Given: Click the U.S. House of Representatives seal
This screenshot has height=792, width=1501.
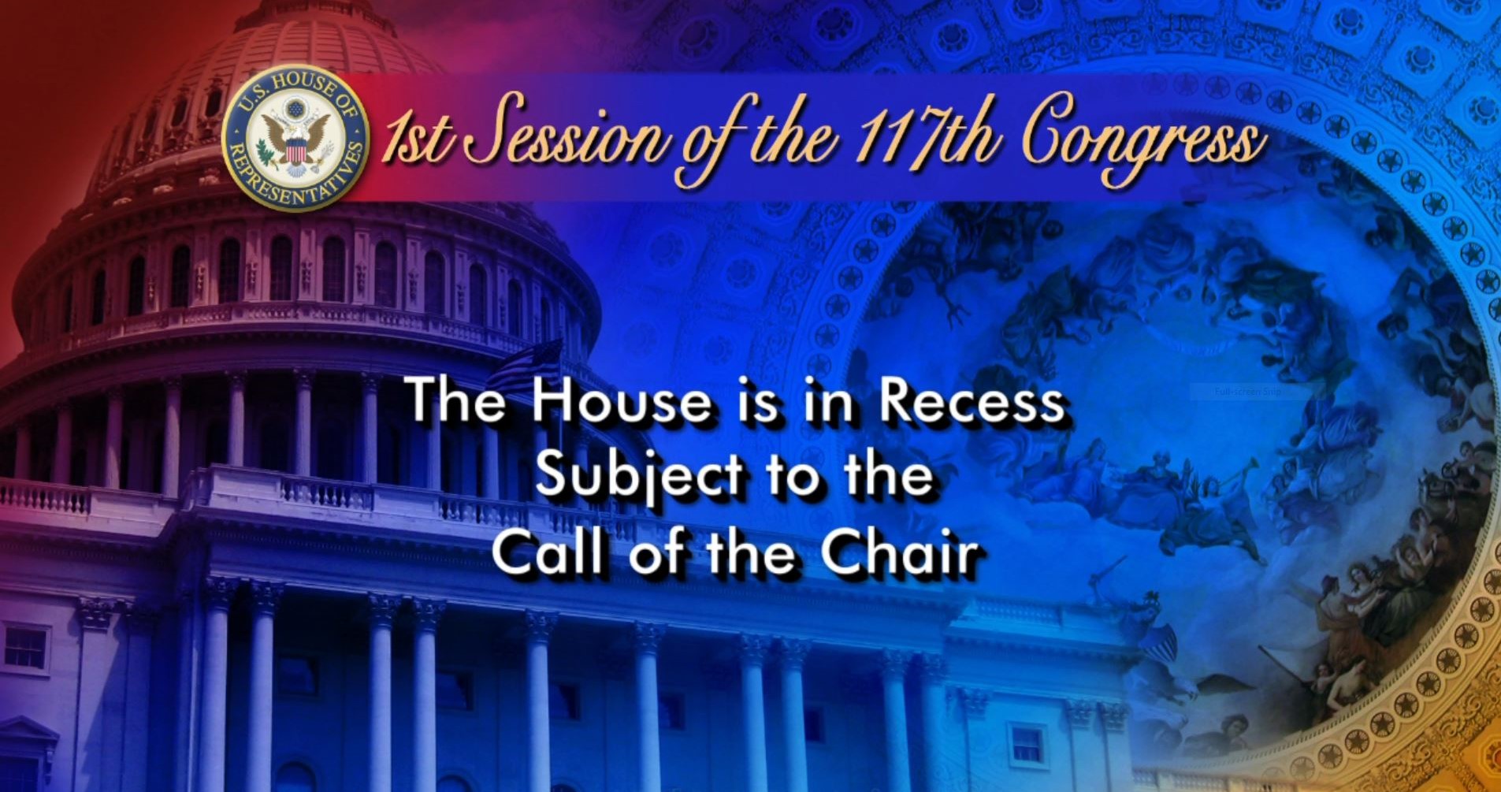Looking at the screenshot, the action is coord(295,138).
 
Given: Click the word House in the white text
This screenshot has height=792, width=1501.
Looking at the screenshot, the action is coord(621,401).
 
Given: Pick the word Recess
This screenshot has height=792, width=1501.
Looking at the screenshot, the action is coord(972,401).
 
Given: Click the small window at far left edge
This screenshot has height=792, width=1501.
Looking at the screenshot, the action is coord(25,649).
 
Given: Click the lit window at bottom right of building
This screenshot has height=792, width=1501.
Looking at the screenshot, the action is coord(1027,746).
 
